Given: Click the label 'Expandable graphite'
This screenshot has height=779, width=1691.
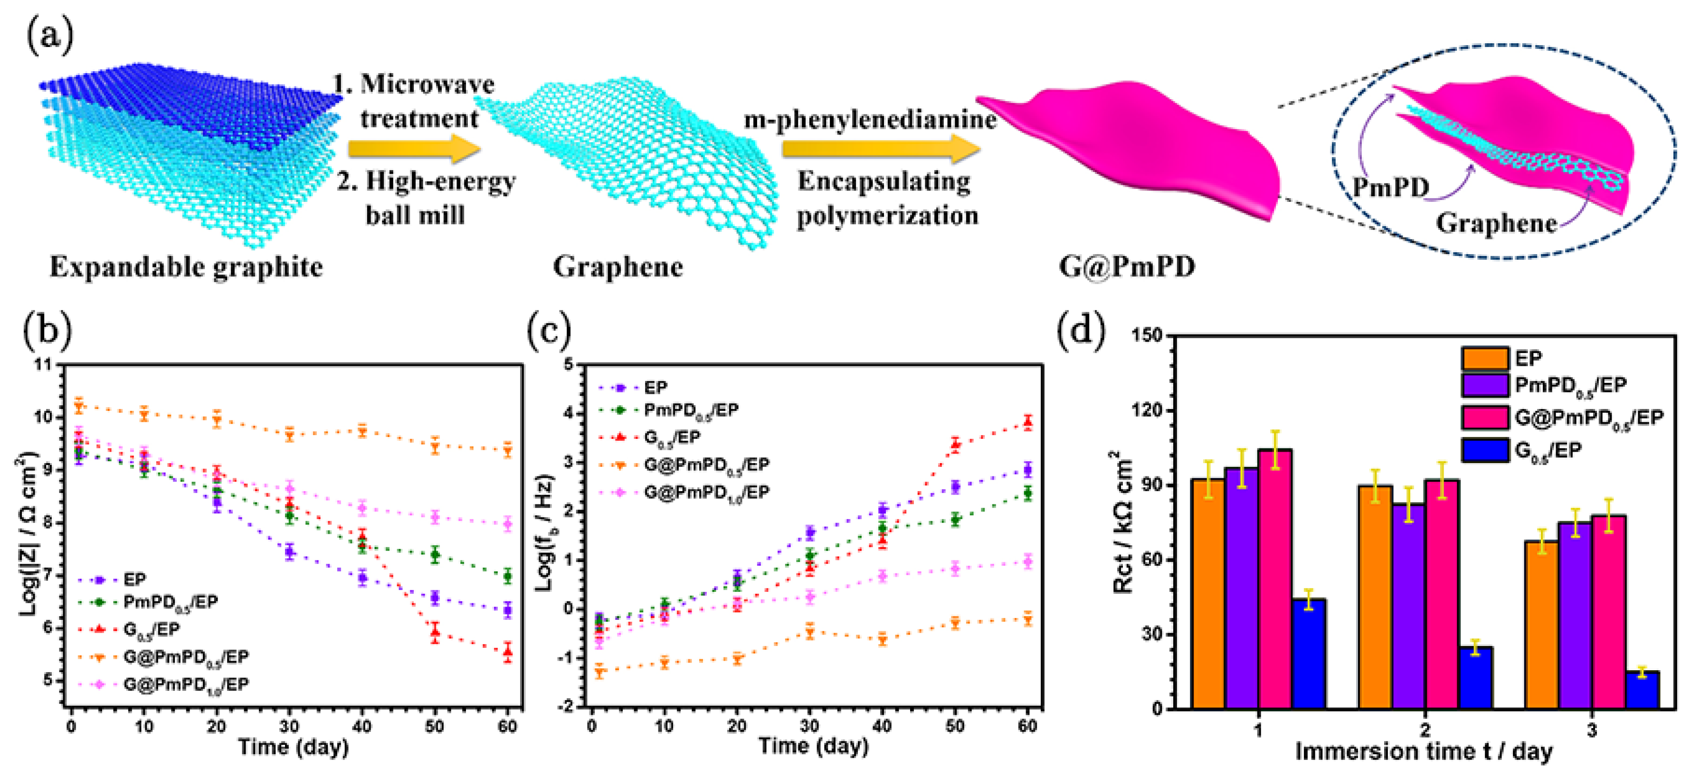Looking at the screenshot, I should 186,267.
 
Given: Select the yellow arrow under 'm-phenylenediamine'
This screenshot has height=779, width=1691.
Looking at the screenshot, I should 880,150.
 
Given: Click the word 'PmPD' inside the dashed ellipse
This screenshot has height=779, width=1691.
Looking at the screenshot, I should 1390,188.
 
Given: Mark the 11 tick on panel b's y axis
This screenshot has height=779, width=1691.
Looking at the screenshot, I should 44,365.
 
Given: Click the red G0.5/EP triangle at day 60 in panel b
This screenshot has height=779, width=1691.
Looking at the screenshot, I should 507,652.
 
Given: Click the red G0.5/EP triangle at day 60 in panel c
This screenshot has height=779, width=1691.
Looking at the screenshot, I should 1027,422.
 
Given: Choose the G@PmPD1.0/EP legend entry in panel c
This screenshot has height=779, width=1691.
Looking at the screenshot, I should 706,492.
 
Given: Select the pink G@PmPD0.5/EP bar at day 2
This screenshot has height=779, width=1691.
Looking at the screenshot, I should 1442,594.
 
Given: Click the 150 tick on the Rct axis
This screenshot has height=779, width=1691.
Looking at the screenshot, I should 1148,335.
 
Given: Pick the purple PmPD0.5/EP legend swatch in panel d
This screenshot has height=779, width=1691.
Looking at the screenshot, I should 1484,385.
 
